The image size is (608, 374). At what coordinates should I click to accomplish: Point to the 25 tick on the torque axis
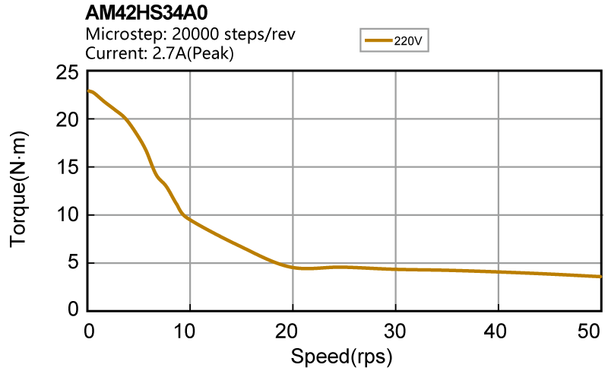click(69, 73)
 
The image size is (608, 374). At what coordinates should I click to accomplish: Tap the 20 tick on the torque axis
click(69, 120)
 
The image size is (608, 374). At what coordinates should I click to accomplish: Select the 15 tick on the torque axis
click(69, 167)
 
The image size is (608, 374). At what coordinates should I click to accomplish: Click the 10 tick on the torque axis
click(69, 215)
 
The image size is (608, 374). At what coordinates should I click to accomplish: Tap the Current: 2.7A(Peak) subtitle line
click(160, 53)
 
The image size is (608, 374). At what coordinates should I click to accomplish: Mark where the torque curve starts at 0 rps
click(90, 91)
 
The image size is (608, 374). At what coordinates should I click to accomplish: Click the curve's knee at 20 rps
click(293, 267)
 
